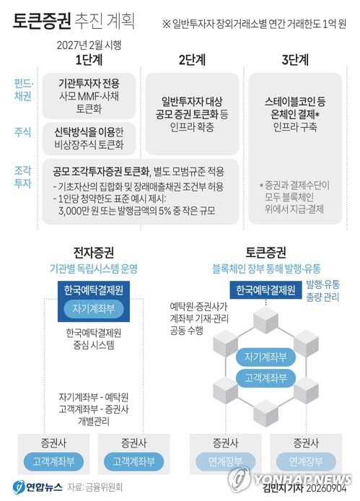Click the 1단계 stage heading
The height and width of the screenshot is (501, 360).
tap(89, 60)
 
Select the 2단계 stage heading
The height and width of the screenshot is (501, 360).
tap(192, 60)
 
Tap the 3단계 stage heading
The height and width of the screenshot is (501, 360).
tap(295, 60)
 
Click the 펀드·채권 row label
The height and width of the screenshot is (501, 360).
tap(23, 90)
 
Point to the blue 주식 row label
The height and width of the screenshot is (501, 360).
tap(22, 132)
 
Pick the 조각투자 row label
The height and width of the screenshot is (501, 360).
tap(22, 177)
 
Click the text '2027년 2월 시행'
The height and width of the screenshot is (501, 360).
tap(89, 45)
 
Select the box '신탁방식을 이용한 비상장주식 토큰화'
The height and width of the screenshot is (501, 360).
tap(89, 139)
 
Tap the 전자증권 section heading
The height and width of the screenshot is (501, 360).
tap(94, 253)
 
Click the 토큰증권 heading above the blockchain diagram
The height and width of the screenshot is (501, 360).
tap(265, 253)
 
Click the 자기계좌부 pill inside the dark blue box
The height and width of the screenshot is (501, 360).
tap(94, 309)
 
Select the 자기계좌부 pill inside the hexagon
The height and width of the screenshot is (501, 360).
tap(265, 357)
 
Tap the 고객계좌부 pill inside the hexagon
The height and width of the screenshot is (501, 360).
tap(265, 378)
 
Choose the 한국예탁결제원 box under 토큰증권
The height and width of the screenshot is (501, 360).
tap(265, 290)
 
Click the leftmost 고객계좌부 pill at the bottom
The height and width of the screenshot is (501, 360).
tap(53, 461)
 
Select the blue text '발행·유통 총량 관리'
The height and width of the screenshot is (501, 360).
tap(322, 290)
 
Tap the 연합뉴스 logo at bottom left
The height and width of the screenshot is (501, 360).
tap(38, 487)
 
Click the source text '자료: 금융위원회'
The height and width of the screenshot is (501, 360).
tap(95, 487)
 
